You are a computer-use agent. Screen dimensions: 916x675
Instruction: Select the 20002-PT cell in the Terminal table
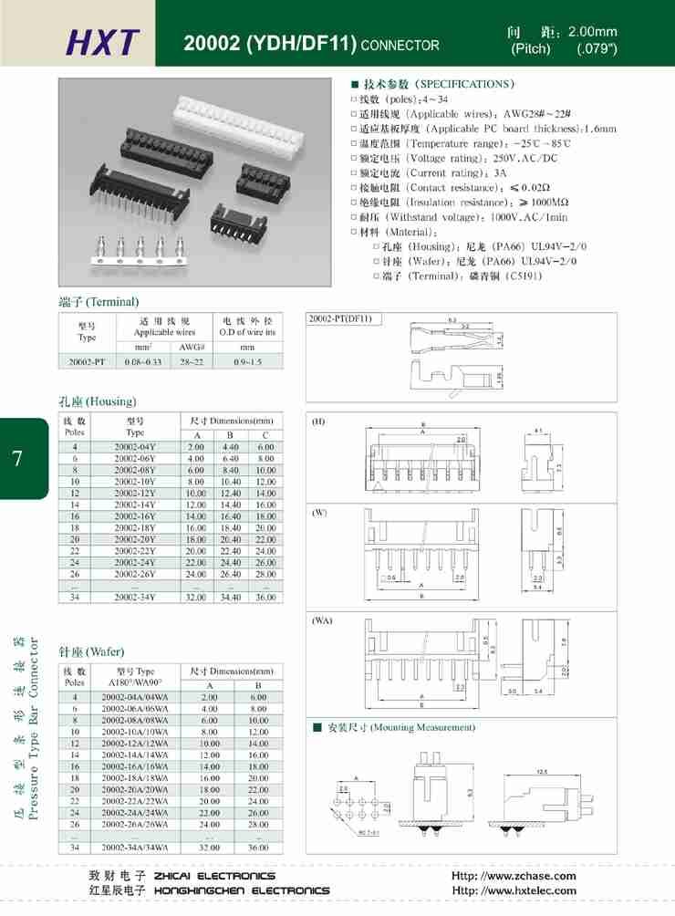pos(87,362)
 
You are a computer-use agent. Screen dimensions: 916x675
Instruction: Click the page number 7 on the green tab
pos(18,457)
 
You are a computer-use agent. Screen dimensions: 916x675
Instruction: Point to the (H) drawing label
pos(319,422)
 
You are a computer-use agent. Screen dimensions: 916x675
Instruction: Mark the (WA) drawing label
pos(321,620)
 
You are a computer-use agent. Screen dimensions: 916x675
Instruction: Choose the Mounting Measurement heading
pos(400,727)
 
